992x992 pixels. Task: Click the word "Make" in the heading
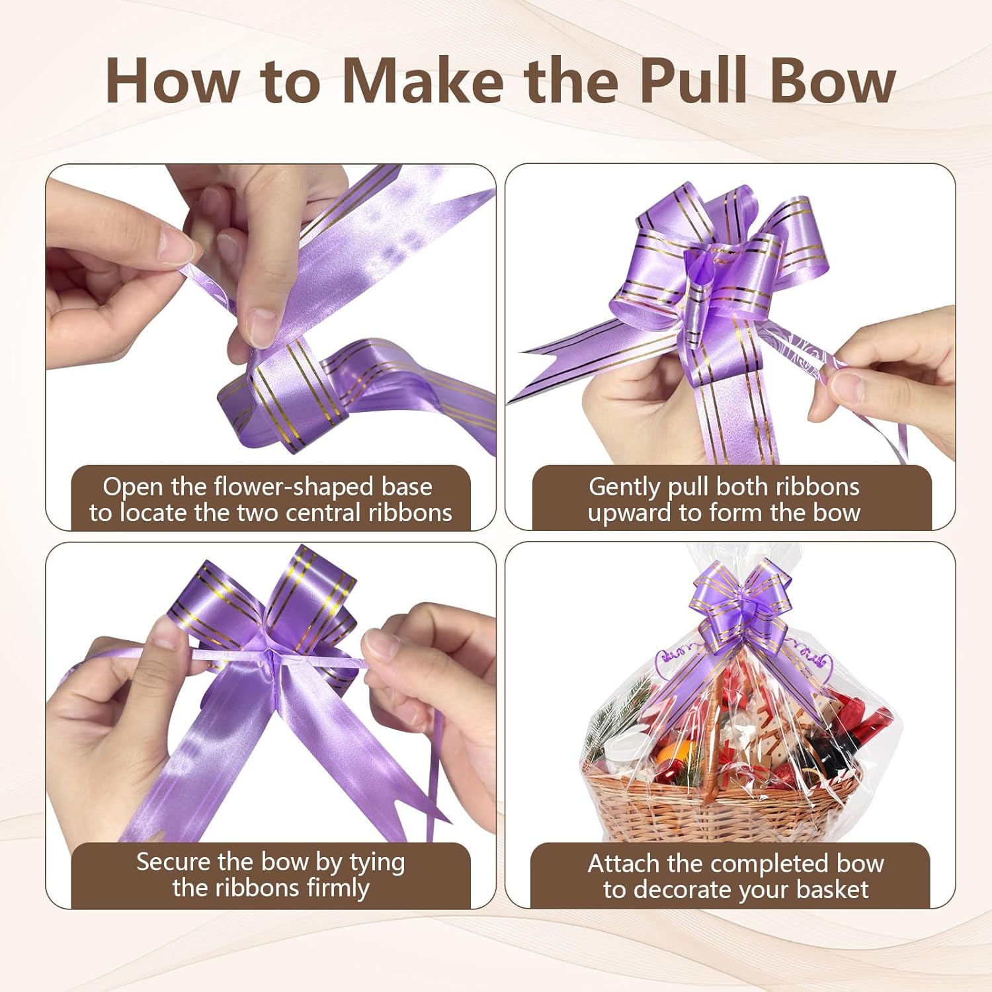(423, 81)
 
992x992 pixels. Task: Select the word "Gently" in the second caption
(625, 487)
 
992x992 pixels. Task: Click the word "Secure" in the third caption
(173, 862)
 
